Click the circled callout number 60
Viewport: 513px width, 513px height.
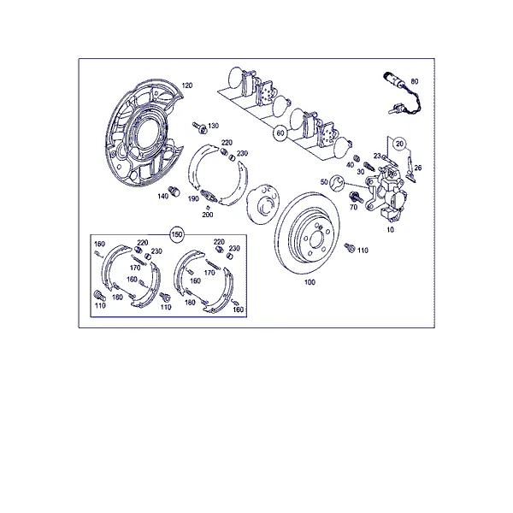click(280, 133)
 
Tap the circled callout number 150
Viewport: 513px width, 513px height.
click(177, 234)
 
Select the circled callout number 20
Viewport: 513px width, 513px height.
click(399, 144)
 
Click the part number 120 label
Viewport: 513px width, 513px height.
click(186, 85)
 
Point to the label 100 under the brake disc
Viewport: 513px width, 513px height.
click(310, 282)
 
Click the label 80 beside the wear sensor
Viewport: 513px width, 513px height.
click(415, 81)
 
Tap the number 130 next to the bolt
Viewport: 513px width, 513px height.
click(213, 126)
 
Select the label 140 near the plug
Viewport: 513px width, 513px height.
click(163, 197)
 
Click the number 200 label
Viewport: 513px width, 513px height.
click(208, 215)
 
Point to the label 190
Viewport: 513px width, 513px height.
click(193, 198)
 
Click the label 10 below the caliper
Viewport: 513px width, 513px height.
click(391, 230)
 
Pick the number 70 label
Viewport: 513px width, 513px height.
click(353, 207)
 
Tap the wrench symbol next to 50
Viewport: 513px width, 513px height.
click(337, 183)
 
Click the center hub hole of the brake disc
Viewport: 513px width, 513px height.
click(316, 239)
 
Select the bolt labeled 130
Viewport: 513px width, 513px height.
click(199, 127)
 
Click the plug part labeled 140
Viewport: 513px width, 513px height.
click(174, 191)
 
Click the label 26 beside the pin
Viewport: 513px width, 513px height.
click(418, 168)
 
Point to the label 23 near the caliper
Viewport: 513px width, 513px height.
click(378, 156)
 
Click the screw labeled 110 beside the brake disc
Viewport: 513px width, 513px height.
click(350, 248)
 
